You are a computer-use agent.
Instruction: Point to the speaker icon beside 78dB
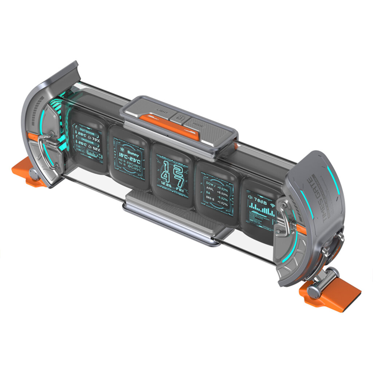coord(250,197)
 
